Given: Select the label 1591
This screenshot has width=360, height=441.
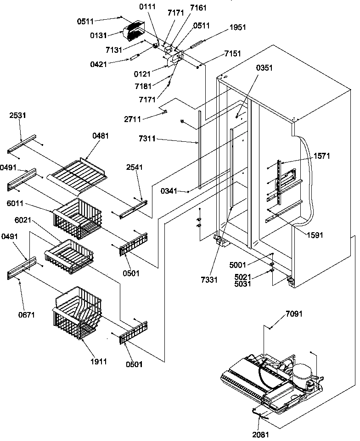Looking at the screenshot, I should tap(315, 235).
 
